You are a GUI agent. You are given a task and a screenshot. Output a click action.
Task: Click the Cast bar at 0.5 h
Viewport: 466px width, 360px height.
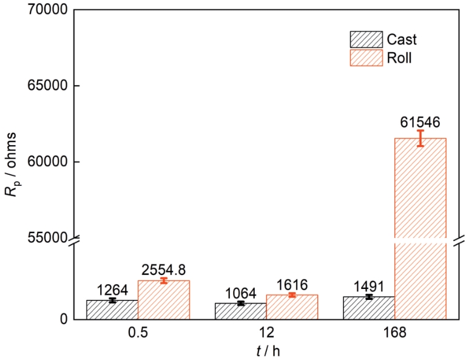coord(112,310)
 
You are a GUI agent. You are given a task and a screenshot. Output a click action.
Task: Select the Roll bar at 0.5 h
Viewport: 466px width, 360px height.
coord(164,300)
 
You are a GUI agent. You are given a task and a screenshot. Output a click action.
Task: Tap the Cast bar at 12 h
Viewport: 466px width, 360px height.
coord(240,311)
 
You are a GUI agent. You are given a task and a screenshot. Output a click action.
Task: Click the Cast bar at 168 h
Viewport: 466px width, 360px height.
coord(369,308)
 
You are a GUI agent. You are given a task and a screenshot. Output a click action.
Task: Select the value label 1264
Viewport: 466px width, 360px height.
coord(112,290)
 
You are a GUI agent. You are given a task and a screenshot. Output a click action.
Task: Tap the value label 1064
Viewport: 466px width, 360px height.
coord(240,293)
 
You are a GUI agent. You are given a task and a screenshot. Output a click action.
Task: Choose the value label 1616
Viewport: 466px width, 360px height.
coord(292,285)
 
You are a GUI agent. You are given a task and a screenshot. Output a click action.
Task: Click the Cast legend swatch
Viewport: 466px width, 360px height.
coord(366,39)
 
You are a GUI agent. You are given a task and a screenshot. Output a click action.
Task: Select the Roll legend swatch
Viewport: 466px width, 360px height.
coord(366,58)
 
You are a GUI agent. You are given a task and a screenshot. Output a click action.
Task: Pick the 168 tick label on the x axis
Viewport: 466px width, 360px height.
coord(394,335)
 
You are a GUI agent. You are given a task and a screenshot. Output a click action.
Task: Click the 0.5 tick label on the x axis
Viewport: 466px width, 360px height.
coord(138,335)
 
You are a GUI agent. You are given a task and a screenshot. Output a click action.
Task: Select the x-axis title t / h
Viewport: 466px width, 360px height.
coord(266,351)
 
